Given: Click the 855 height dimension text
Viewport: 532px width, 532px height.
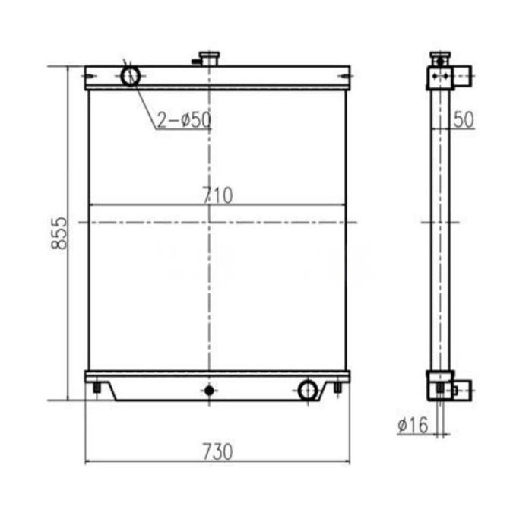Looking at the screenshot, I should (x=62, y=233).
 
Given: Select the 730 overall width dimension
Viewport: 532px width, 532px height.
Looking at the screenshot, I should (x=217, y=451).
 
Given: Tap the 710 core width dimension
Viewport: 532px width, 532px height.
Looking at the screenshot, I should (x=217, y=195).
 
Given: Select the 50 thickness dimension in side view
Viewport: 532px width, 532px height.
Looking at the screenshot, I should (x=464, y=119).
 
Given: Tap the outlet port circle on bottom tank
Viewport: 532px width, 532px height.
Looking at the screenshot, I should (x=308, y=391).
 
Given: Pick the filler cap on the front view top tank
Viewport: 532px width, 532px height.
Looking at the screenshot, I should (x=207, y=58).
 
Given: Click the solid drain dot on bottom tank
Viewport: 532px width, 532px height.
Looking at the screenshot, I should (x=207, y=391).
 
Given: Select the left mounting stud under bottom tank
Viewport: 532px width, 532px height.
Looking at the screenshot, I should (x=97, y=390).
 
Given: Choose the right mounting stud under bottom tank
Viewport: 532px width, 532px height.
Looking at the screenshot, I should (x=337, y=390).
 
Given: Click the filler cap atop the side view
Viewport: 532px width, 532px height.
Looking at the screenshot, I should (x=439, y=58).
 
